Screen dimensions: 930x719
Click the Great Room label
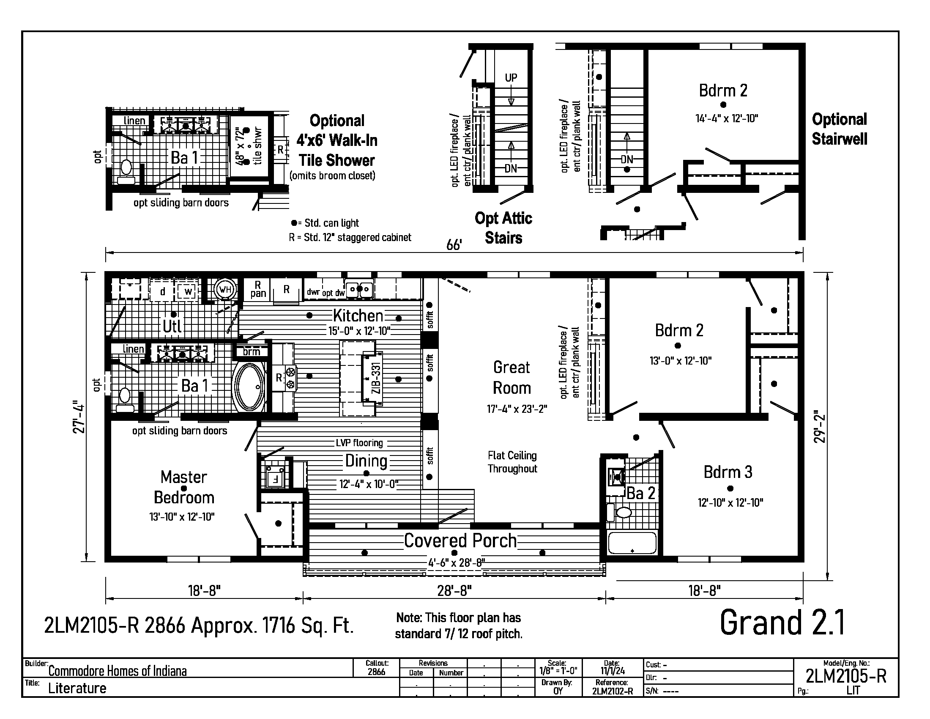(512, 377)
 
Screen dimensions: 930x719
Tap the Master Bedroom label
(184, 487)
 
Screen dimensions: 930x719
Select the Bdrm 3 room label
(728, 472)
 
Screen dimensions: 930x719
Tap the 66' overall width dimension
(454, 245)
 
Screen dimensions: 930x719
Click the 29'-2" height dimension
(820, 426)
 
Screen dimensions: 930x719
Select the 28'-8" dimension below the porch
(454, 591)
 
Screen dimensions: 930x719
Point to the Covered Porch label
(460, 541)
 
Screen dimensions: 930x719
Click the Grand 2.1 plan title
(782, 623)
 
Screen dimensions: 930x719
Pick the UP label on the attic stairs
(511, 78)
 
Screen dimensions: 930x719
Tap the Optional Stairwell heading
(839, 129)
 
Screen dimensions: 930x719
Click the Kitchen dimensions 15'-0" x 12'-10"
(359, 331)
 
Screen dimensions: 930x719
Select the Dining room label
(366, 461)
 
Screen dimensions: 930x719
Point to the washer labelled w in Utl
(188, 291)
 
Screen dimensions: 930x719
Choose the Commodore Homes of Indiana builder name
(118, 671)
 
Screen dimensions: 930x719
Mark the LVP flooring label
(359, 443)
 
